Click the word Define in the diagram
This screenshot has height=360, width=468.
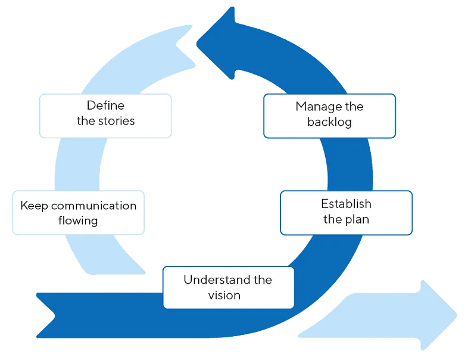click(105, 106)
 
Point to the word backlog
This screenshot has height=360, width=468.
click(330, 122)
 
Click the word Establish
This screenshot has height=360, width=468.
click(346, 204)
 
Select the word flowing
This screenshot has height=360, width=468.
click(78, 221)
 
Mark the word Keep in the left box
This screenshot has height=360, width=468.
click(34, 206)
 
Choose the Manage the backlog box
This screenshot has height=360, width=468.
click(329, 115)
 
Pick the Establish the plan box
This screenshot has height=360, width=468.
click(346, 212)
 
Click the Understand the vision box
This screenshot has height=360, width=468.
click(228, 287)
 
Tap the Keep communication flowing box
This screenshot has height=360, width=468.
click(78, 213)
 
